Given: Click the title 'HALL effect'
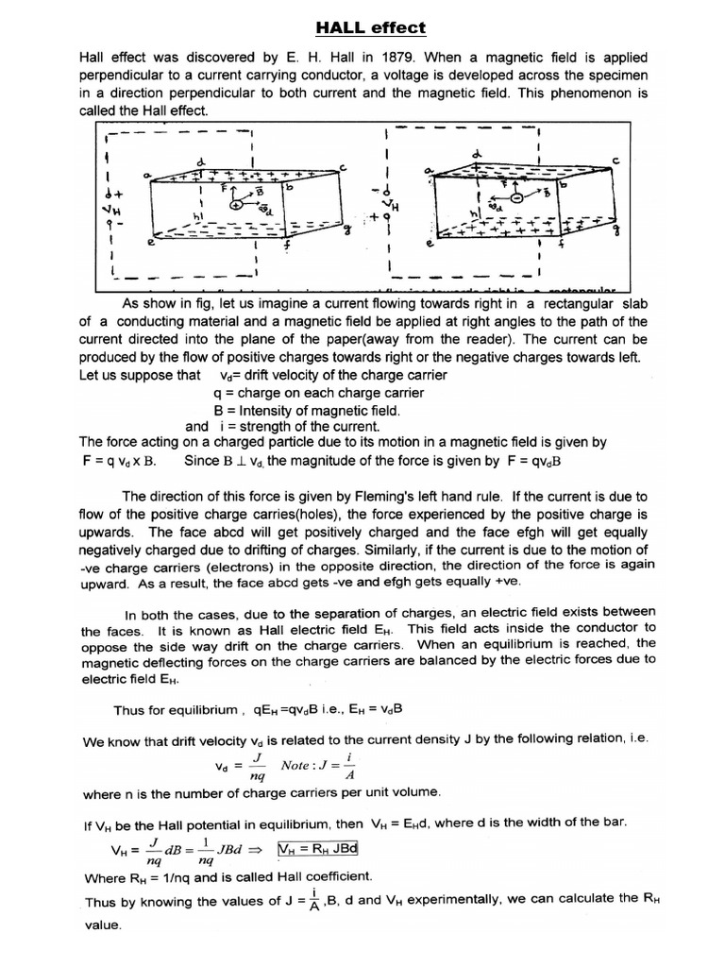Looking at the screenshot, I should point(362,29).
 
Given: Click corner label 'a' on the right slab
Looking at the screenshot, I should point(428,169).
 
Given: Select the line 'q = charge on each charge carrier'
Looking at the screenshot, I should point(316,393).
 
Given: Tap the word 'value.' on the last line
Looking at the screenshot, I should point(103,926).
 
